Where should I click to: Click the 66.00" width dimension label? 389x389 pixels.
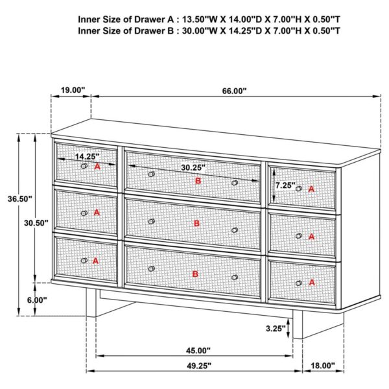click(x=234, y=91)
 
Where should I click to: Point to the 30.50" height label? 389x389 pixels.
click(x=36, y=223)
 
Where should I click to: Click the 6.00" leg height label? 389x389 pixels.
click(x=36, y=300)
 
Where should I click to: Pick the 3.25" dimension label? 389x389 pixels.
click(x=276, y=329)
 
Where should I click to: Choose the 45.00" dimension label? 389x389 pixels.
click(x=200, y=351)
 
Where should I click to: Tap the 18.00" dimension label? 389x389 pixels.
click(x=322, y=366)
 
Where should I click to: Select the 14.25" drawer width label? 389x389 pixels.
click(x=86, y=156)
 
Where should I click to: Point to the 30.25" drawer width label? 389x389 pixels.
click(x=193, y=167)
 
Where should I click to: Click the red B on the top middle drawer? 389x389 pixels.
click(x=198, y=181)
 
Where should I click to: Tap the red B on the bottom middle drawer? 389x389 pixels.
click(x=195, y=274)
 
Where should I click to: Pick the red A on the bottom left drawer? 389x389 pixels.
click(x=95, y=260)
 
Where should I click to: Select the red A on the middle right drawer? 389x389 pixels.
click(x=311, y=237)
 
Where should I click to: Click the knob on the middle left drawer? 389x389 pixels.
click(x=84, y=213)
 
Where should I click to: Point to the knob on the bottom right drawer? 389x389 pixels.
click(x=299, y=283)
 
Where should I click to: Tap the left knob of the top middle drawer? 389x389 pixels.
click(x=151, y=174)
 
